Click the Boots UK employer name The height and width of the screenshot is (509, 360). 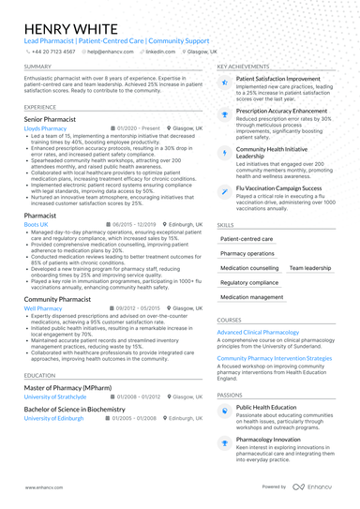click(x=37, y=225)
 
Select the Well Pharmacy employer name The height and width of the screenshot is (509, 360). click(x=43, y=307)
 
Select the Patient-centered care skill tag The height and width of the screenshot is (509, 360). click(x=247, y=239)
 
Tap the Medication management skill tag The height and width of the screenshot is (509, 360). click(x=251, y=297)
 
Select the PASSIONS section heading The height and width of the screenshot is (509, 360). click(x=230, y=396)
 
